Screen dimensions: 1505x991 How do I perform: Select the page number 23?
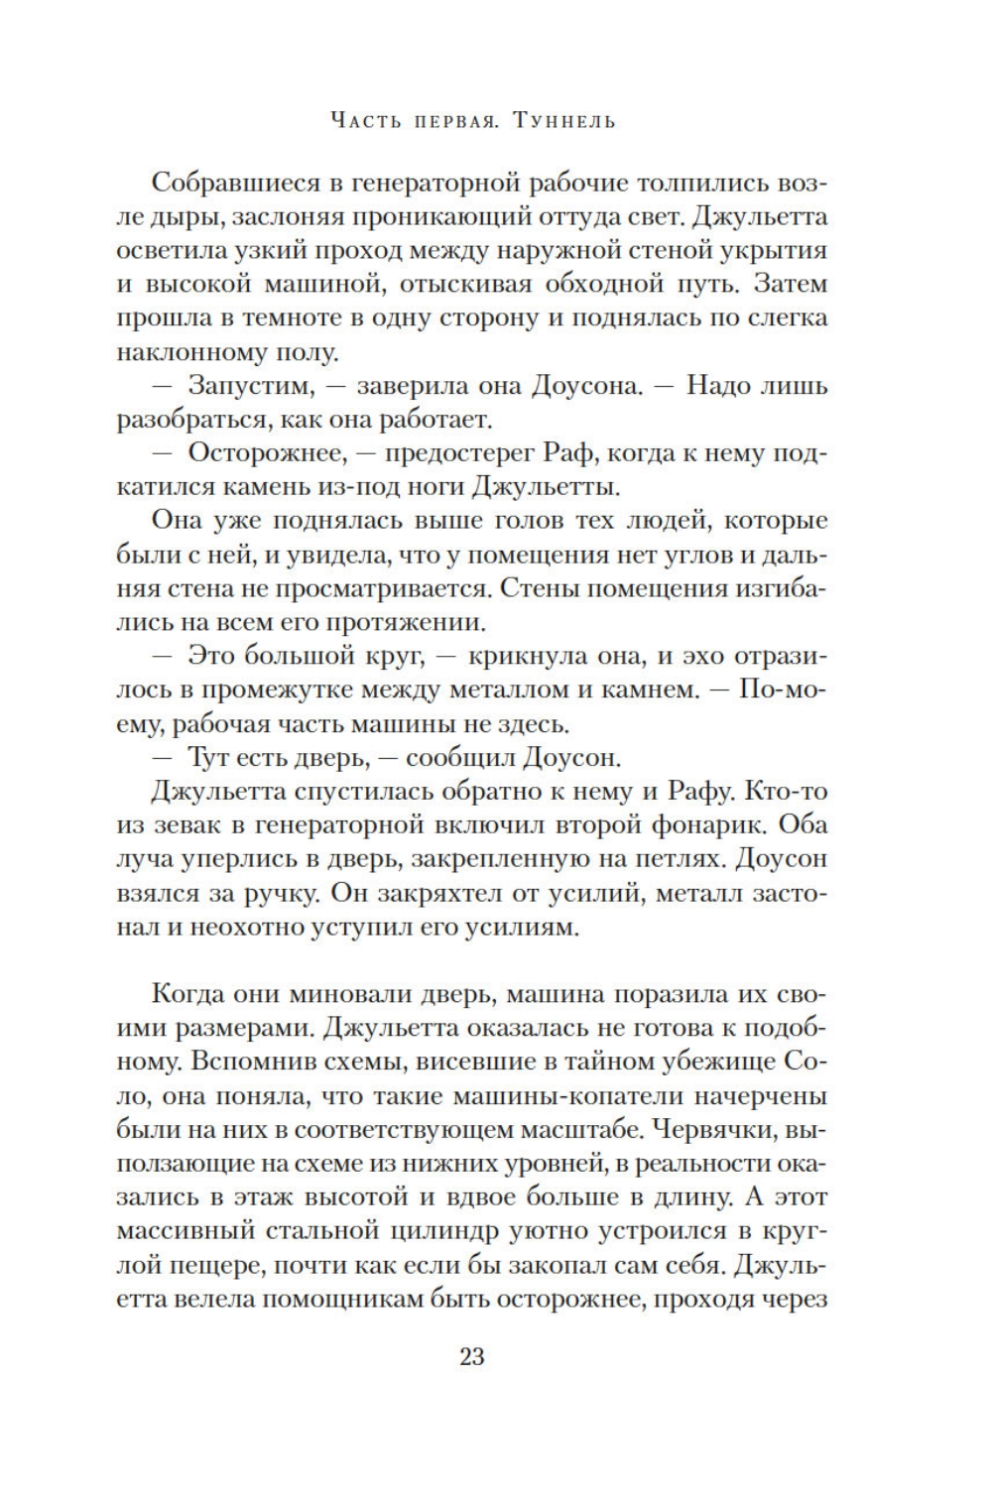point(471,1356)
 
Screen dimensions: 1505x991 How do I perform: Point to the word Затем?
point(791,284)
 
